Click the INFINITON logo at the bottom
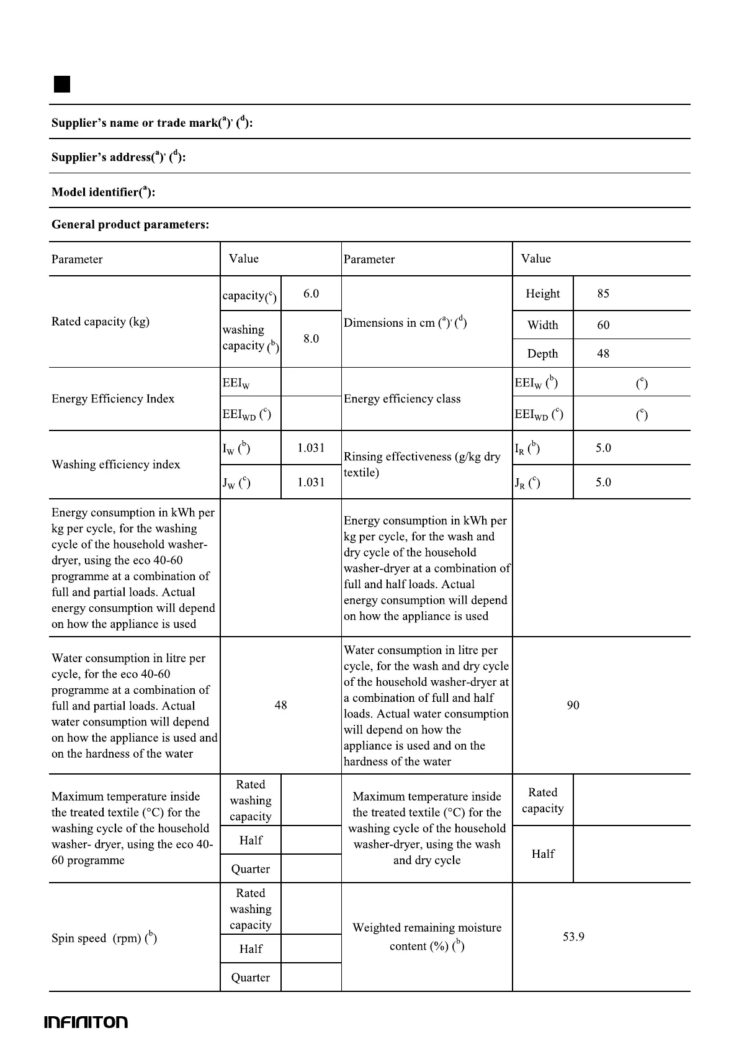pyautogui.click(x=86, y=1022)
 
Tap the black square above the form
pyautogui.click(x=61, y=84)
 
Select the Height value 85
pyautogui.click(x=603, y=294)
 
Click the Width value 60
pyautogui.click(x=603, y=325)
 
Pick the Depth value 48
pyautogui.click(x=603, y=353)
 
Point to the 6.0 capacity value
pyautogui.click(x=311, y=294)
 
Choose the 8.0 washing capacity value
pyautogui.click(x=311, y=339)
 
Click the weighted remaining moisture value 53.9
pyautogui.click(x=573, y=937)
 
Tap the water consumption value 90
pyautogui.click(x=573, y=705)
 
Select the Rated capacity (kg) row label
pyautogui.click(x=101, y=321)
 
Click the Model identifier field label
pyautogui.click(x=103, y=192)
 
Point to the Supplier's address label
pyautogui.click(x=119, y=157)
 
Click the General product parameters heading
pyautogui.click(x=130, y=225)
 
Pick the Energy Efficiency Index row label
pyautogui.click(x=113, y=399)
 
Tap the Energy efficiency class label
pyautogui.click(x=402, y=399)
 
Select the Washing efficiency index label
pyautogui.click(x=116, y=465)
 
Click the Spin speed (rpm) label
pyautogui.click(x=104, y=938)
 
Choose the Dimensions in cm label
pyautogui.click(x=405, y=322)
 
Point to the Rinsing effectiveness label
pyautogui.click(x=422, y=464)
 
